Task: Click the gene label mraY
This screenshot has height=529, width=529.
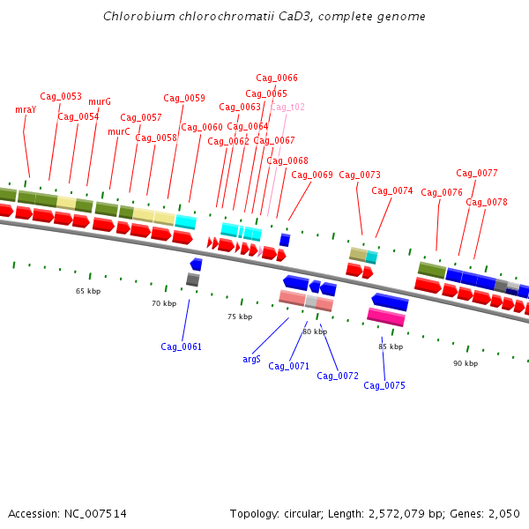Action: coord(26,110)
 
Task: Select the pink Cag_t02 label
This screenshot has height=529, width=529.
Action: coord(287,108)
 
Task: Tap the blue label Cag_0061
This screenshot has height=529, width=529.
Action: coord(181,346)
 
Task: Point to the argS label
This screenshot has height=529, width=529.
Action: coord(251,360)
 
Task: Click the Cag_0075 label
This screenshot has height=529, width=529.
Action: coord(384,385)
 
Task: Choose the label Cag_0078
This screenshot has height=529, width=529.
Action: coord(487,203)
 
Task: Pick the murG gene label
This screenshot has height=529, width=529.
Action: coord(100,102)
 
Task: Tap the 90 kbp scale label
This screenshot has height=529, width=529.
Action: coord(466,363)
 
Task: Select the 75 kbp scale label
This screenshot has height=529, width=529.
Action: coord(240,317)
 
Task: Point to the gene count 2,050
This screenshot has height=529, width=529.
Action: coord(503,514)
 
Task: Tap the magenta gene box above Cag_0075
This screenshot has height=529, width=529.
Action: coord(386,317)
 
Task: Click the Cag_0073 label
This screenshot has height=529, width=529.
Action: coord(360,175)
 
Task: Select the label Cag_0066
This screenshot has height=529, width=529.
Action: coord(277,78)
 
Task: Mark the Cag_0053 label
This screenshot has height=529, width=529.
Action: coord(61,97)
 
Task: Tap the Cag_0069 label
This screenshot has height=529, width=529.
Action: coord(312,175)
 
